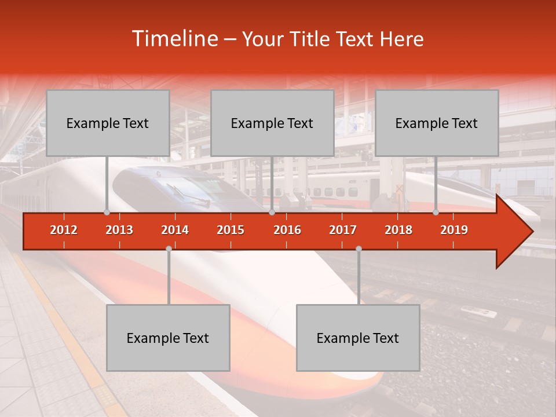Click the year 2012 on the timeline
64,230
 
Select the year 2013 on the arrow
119,230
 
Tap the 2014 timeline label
175,230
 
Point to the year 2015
231,230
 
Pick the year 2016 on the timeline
287,230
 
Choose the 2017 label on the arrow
343,230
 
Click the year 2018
398,230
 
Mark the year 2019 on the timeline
454,230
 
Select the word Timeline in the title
174,39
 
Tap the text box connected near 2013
108,123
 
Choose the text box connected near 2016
272,123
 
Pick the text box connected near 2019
437,123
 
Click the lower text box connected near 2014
168,338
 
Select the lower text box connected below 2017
358,338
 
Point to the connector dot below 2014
169,248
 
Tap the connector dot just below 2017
359,248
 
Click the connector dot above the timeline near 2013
107,212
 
